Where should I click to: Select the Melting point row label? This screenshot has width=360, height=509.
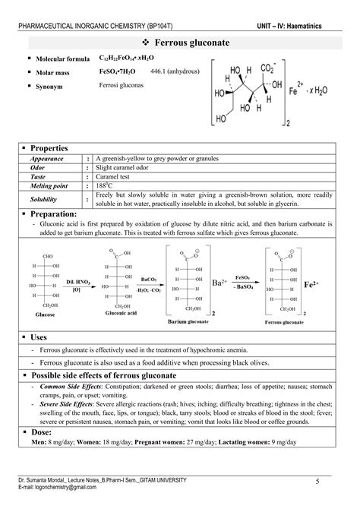49,185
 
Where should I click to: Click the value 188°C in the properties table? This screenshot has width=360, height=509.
107,185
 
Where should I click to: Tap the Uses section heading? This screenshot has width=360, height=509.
39,336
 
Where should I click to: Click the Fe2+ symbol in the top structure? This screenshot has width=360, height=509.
301,99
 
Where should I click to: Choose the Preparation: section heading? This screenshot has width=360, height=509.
55,215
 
